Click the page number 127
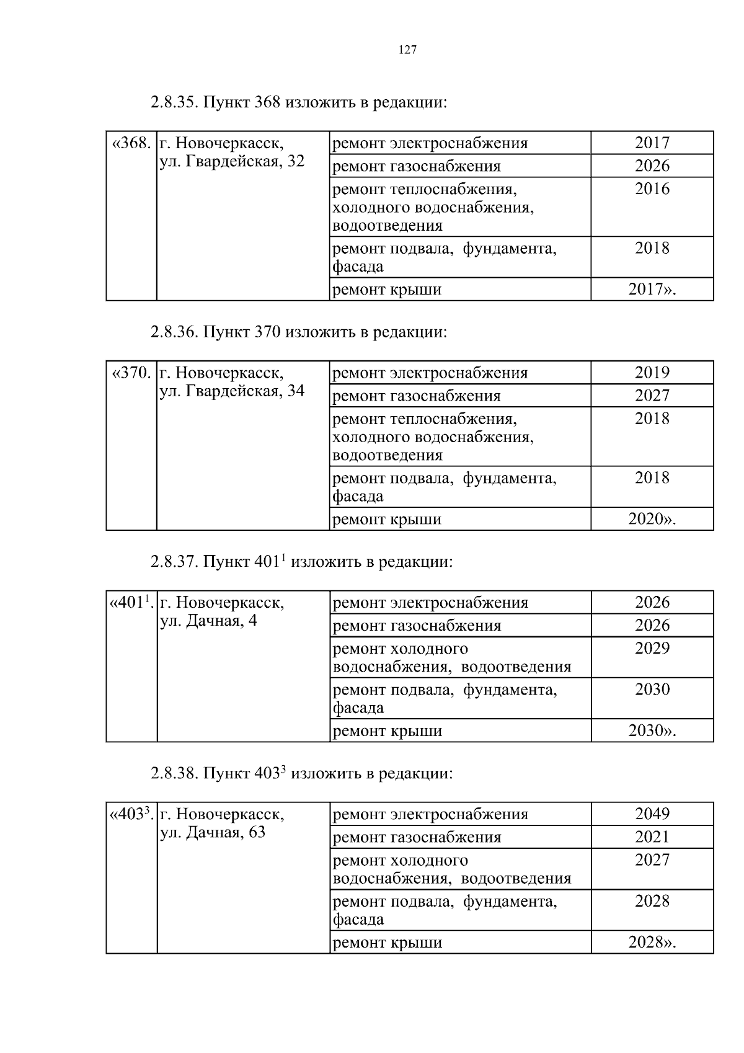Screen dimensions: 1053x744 pos(407,50)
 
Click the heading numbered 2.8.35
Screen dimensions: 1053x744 pos(298,102)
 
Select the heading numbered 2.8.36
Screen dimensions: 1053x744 pos(298,332)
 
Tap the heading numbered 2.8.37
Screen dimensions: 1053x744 pos(301,562)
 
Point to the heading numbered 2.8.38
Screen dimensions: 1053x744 pos(301,773)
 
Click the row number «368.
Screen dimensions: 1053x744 pos(131,143)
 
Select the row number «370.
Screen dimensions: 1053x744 pos(131,373)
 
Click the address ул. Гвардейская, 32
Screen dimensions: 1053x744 pos(232,162)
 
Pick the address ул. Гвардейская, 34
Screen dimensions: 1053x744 pos(232,391)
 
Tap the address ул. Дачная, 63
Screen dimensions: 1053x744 pos(213,832)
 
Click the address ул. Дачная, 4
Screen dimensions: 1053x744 pos(208,621)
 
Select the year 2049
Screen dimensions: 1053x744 pos(652,814)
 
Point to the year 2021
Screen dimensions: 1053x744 pos(652,837)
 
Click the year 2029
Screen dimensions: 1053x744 pos(652,649)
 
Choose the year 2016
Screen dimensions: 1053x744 pos(652,189)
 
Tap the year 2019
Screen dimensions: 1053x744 pos(652,373)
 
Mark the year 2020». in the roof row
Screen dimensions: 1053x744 pos(652,519)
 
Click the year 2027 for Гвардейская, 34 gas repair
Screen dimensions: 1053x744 pos(652,396)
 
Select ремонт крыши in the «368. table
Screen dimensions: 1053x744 pos(387,290)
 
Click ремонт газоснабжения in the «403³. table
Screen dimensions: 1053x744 pos(417,837)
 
